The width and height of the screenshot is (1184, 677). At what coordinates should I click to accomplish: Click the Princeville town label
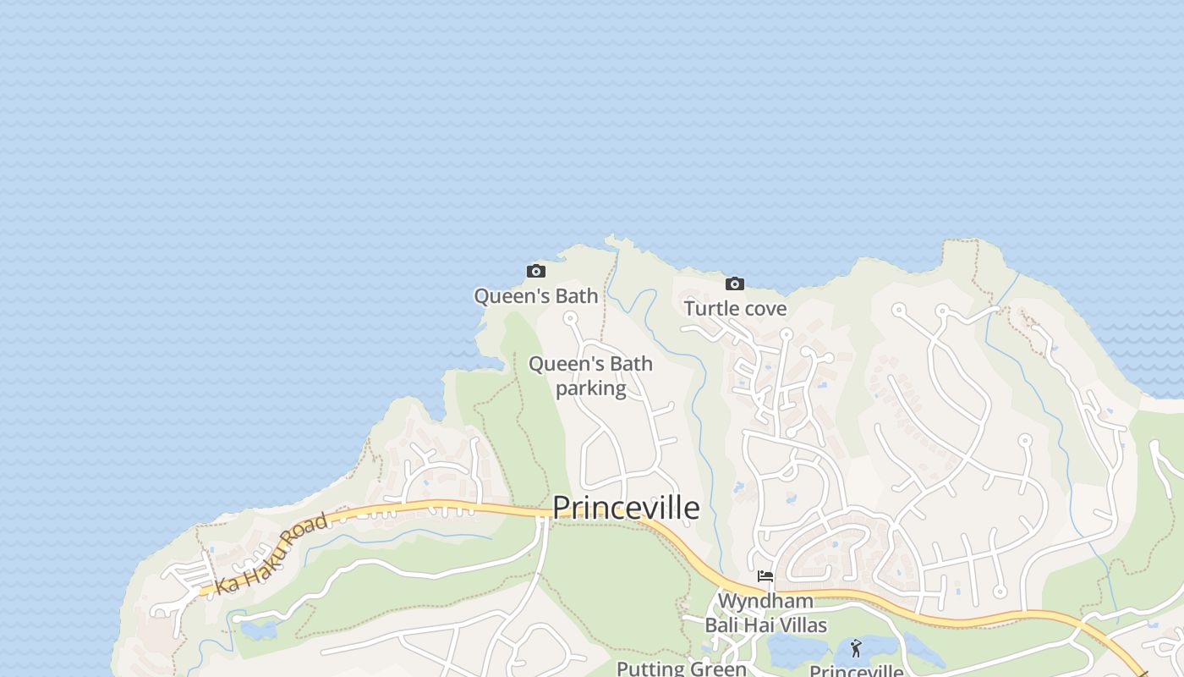pos(626,508)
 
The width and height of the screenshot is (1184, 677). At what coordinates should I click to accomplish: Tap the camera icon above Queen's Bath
pos(535,272)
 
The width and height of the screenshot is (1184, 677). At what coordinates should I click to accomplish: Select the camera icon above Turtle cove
pos(735,284)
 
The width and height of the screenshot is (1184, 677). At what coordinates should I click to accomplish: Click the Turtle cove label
pos(735,309)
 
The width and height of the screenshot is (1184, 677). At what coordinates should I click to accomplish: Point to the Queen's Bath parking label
pos(590,376)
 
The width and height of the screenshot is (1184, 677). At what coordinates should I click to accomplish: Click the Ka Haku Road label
pos(271,553)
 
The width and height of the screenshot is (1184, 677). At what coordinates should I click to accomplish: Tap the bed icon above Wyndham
pos(765,576)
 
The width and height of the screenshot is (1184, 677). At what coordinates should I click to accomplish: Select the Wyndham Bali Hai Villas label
pos(765,614)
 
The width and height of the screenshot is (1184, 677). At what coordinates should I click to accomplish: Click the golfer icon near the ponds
pos(856,649)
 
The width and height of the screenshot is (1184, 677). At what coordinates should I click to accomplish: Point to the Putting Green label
pos(681,669)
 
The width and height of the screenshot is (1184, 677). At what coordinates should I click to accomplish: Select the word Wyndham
pos(765,602)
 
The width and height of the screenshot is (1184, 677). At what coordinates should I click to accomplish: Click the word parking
pos(590,388)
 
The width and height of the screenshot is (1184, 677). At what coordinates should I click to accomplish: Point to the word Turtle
pos(709,309)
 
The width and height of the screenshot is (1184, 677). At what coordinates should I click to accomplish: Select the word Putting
pos(650,669)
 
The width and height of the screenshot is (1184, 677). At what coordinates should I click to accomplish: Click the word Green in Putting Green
pos(717,669)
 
